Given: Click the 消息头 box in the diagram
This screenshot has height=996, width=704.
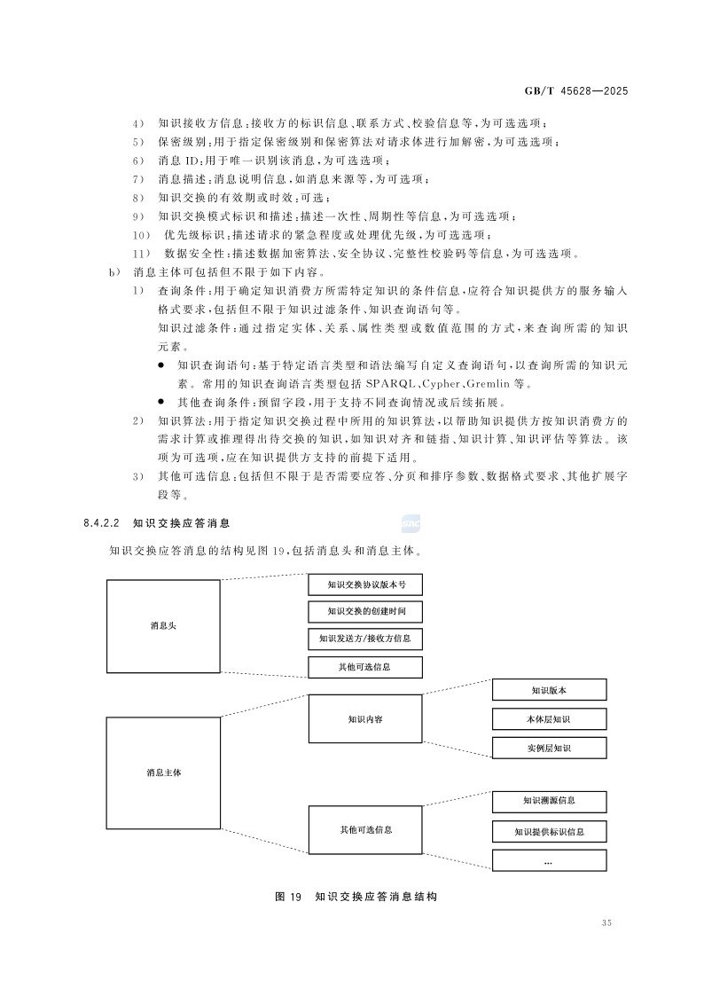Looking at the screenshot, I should click(163, 625).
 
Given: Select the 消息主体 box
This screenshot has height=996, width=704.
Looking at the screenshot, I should click(163, 772).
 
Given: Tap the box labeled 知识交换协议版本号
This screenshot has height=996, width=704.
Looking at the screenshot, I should click(365, 584).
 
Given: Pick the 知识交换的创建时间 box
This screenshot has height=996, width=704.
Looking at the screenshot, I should click(365, 611).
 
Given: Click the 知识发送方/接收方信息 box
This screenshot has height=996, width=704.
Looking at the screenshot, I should click(365, 639).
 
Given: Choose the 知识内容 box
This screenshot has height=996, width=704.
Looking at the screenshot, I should click(365, 719).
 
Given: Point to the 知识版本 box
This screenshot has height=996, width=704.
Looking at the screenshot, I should click(549, 690).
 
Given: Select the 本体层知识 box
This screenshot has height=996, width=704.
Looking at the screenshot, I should click(549, 719).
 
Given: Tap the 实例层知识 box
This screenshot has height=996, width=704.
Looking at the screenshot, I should click(549, 749).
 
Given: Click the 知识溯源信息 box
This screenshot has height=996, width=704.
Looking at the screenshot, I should click(549, 801).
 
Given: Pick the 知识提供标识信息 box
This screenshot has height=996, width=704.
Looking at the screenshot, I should click(549, 832).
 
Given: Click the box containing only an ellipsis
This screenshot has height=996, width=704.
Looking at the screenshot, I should click(549, 860).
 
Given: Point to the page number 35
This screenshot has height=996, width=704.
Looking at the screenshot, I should click(606, 923).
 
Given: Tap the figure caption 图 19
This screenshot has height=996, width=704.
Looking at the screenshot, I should click(290, 898).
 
